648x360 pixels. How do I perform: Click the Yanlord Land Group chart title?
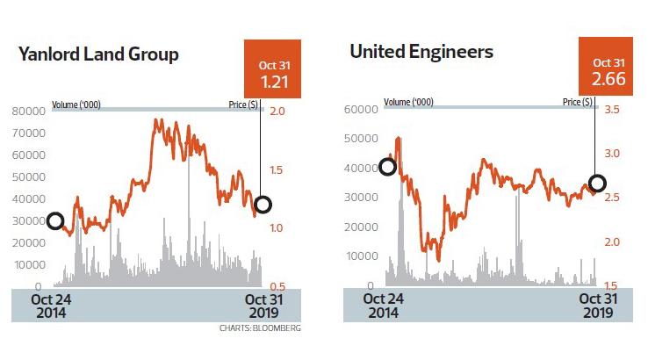point(98,54)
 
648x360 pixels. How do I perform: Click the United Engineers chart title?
point(421,52)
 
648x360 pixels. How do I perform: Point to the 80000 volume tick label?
point(28,112)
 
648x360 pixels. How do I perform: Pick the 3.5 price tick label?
point(612,110)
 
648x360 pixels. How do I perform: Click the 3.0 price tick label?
point(612,154)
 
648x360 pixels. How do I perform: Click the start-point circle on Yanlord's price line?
point(55,220)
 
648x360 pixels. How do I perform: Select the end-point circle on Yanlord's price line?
point(262,205)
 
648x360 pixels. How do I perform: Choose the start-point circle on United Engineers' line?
point(387,167)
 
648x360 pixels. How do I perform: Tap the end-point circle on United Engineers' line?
point(597,184)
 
